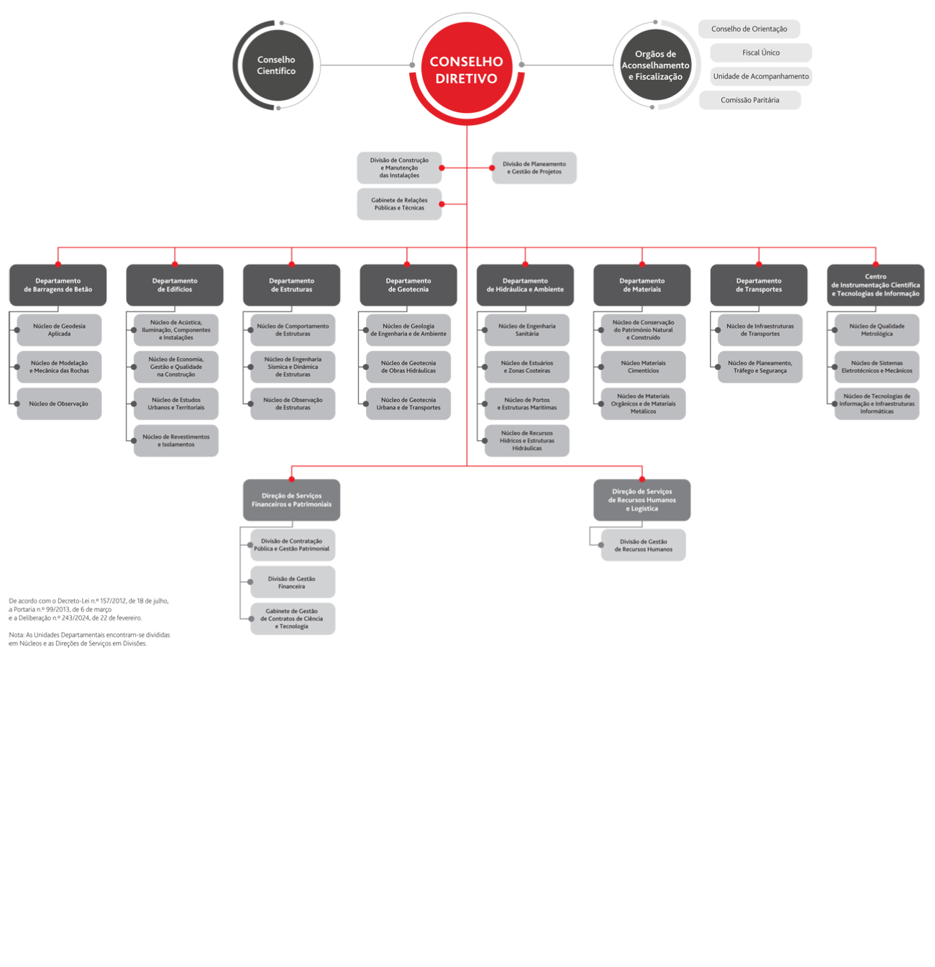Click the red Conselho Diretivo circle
[466, 70]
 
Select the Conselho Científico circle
[276, 65]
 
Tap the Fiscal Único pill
[761, 52]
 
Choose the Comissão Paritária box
[749, 100]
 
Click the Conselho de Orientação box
[749, 29]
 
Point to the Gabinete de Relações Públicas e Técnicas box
[399, 204]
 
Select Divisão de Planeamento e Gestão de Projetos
[534, 168]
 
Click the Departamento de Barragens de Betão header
[58, 285]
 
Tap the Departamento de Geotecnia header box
[408, 285]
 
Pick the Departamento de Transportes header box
[758, 285]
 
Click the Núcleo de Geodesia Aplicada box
[59, 330]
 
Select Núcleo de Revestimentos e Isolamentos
[175, 441]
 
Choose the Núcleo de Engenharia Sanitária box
[526, 330]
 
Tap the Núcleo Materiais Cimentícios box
[643, 367]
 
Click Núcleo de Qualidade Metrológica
[876, 330]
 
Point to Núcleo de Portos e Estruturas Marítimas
[526, 404]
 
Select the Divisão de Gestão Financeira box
[292, 582]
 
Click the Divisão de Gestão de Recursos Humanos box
[643, 545]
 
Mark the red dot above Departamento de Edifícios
[175, 263]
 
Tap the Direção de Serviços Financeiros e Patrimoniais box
[291, 500]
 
